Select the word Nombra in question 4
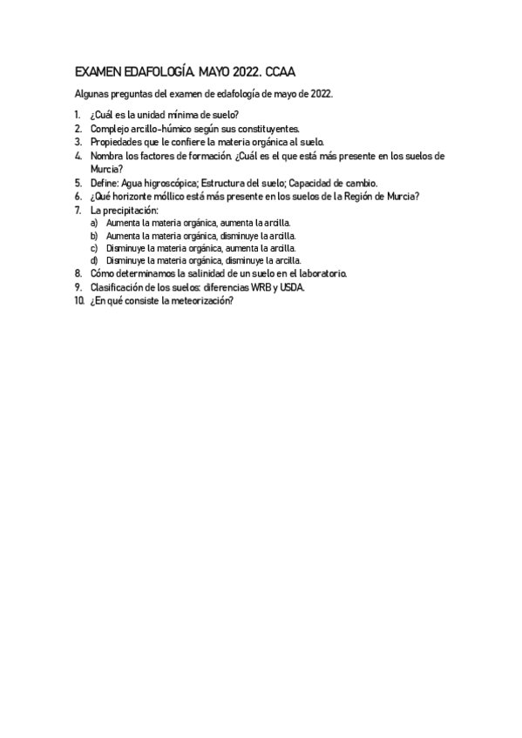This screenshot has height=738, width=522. (x=106, y=156)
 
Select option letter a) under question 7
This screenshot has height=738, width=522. (x=94, y=223)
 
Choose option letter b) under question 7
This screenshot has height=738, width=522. (x=94, y=235)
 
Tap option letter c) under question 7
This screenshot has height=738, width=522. (x=94, y=247)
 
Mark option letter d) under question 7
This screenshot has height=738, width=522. (x=94, y=259)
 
